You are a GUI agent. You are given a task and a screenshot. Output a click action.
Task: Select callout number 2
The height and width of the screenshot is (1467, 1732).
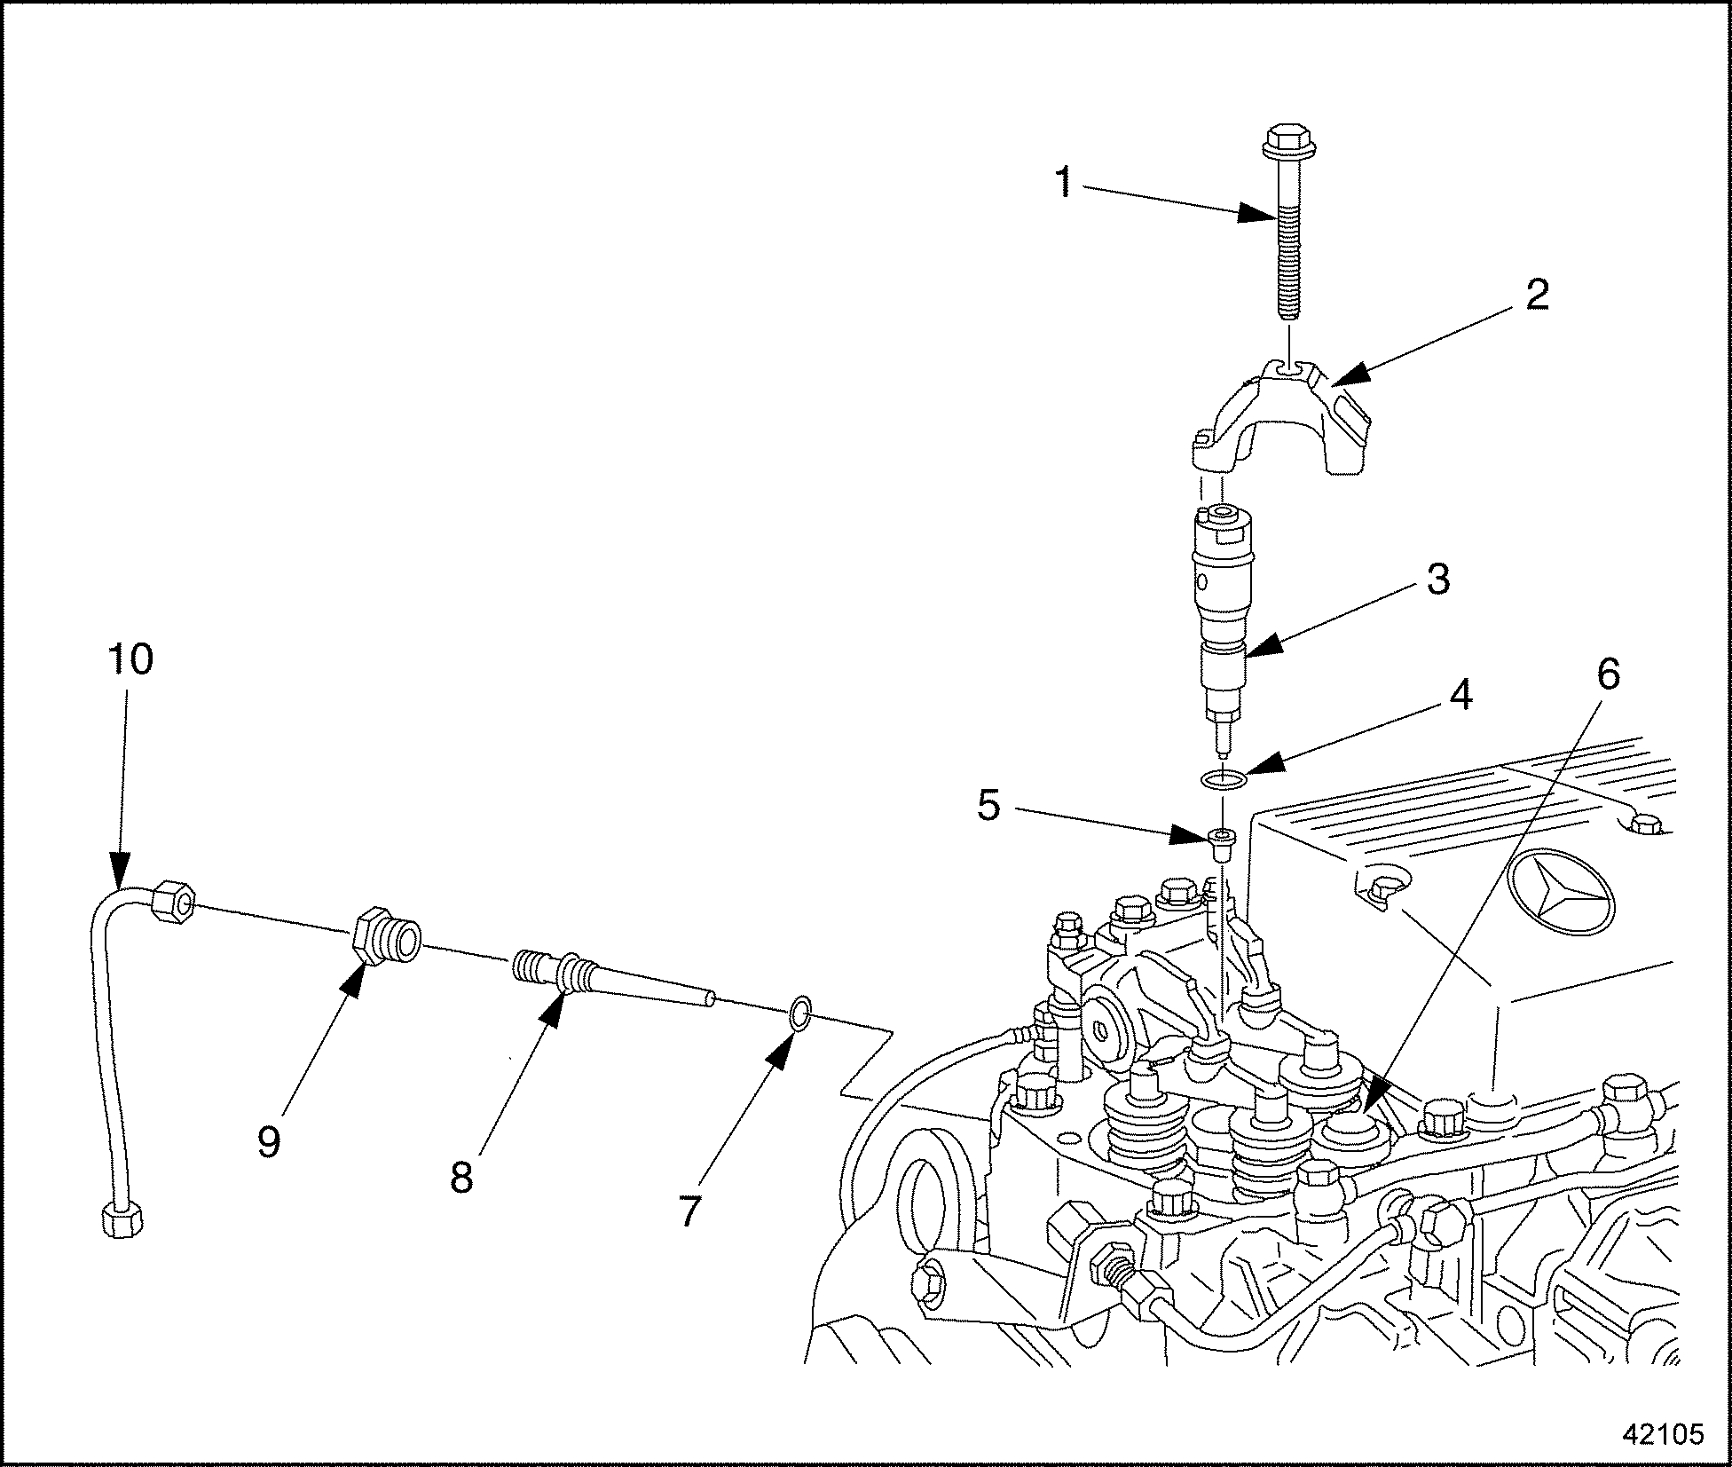tap(1537, 295)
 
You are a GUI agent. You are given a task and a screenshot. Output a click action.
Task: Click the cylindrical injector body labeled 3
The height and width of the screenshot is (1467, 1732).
tap(1224, 603)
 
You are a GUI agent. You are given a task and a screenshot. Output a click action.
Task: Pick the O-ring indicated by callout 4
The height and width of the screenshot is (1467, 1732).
tap(1224, 780)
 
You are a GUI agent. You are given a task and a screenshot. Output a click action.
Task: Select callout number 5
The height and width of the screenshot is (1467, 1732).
tap(988, 806)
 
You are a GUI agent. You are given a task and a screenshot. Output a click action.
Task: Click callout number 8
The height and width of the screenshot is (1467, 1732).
tap(461, 1179)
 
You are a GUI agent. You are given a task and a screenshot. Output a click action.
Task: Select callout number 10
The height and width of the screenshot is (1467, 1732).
tap(130, 659)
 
